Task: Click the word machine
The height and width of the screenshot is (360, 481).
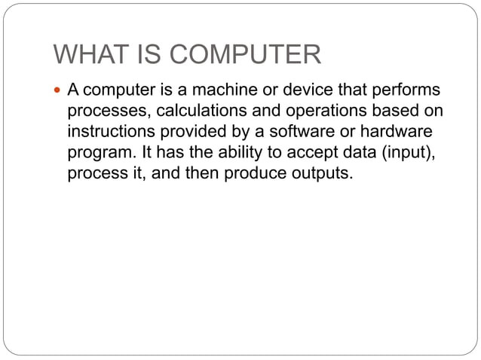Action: click(231, 91)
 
